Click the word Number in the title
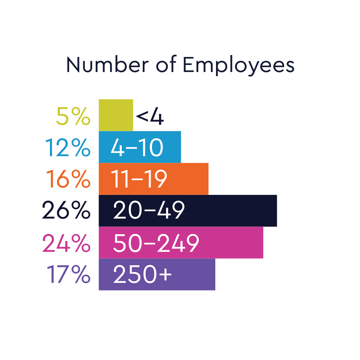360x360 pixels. coord(107,65)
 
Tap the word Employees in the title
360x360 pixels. coord(238,66)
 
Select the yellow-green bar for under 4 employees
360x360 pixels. coord(116,115)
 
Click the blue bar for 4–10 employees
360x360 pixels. coord(173,147)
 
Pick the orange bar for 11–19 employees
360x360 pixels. coord(189,179)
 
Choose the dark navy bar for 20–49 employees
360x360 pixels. coord(230,211)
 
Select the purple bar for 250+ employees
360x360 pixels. coord(195,274)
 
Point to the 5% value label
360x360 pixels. coord(73,116)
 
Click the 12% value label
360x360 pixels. coord(68,148)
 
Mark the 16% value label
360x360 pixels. coord(68,179)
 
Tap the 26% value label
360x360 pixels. coord(66,210)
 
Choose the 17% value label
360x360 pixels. coord(68,274)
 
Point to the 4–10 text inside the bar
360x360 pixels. coord(137,148)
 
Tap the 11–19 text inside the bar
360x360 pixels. coord(139,179)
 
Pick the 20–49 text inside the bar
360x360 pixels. coord(149,210)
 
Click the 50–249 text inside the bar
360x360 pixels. coord(156,243)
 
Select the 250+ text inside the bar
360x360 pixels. coord(142,274)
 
